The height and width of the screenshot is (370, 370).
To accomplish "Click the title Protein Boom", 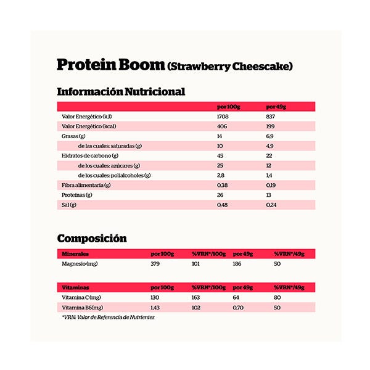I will [110, 65].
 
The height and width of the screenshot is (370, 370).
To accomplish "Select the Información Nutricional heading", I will [121, 92].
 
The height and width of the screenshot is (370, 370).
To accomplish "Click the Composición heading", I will [92, 238].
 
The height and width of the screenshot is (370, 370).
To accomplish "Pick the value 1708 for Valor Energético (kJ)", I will [223, 117].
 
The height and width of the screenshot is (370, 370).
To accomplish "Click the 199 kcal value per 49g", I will [270, 126].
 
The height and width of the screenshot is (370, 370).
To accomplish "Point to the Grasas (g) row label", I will [73, 136].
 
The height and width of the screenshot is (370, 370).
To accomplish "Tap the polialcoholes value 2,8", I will [220, 175].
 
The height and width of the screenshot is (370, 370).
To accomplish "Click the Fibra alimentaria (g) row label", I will [83, 185].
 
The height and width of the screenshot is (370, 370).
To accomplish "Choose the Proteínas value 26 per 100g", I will [220, 195].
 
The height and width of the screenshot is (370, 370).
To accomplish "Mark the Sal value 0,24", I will [270, 205].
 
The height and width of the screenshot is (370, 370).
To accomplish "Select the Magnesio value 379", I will [155, 264].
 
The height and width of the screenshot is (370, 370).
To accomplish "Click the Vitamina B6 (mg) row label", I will [83, 307].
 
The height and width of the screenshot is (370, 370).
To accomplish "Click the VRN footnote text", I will [108, 318].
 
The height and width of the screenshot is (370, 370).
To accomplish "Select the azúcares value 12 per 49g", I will [268, 165].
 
